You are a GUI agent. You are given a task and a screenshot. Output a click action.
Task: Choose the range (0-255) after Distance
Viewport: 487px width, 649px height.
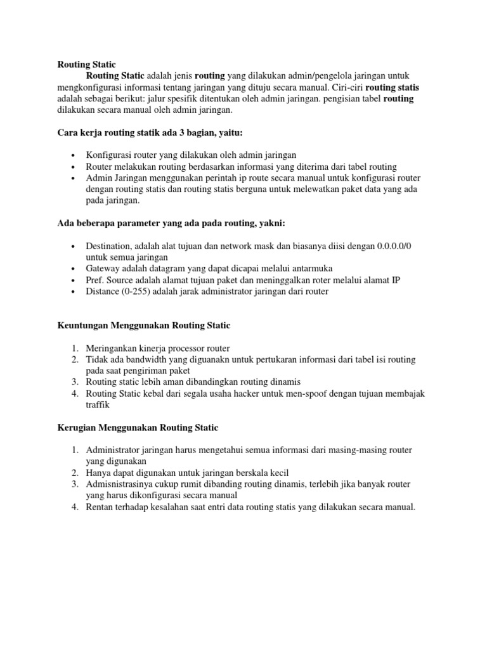tap(134, 292)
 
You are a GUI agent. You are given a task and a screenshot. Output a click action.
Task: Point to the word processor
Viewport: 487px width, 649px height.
tap(188, 348)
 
